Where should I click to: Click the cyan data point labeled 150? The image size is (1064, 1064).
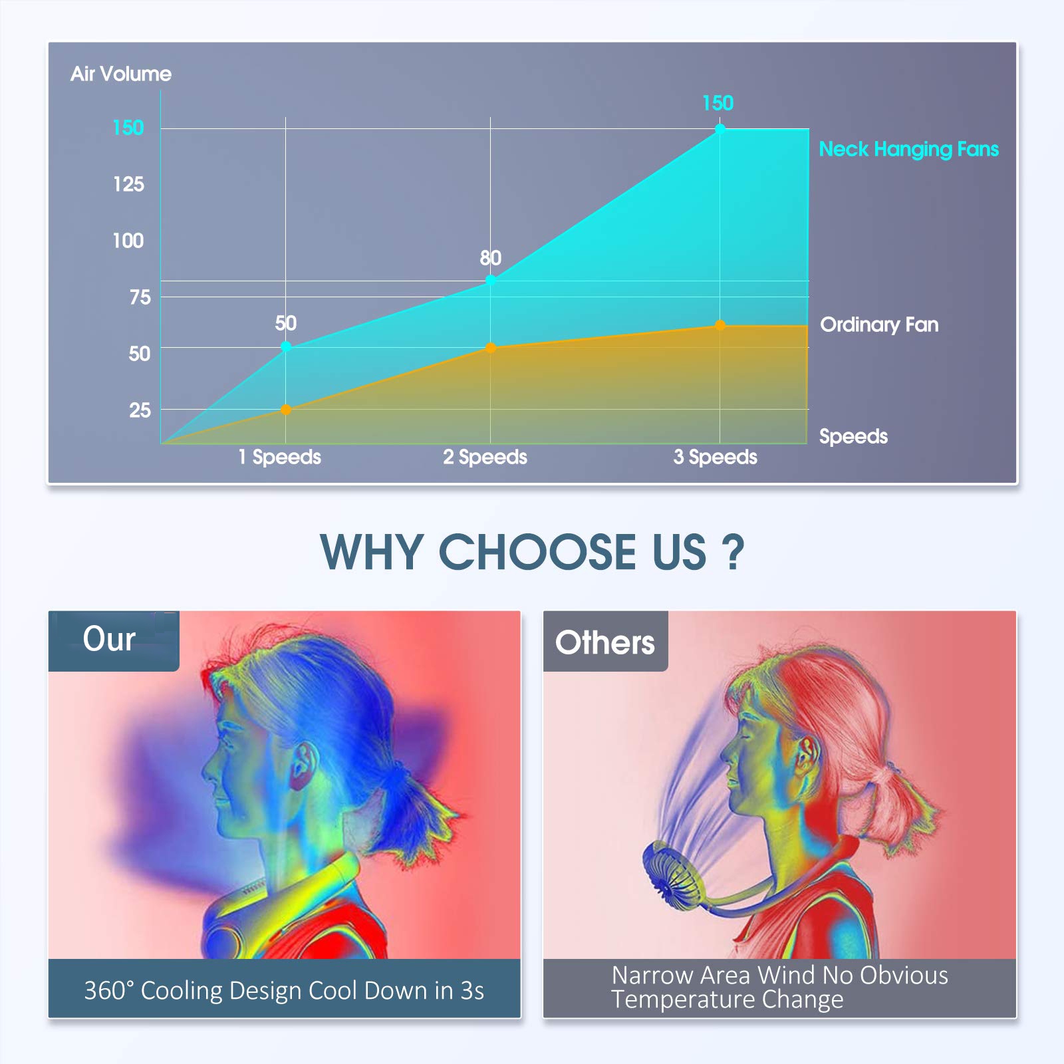[x=720, y=129]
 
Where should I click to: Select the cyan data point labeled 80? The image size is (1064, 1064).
[x=490, y=281]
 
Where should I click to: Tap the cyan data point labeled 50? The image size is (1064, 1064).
[x=286, y=346]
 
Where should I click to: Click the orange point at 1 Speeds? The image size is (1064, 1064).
[x=286, y=410]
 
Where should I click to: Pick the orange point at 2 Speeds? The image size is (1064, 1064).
[x=490, y=348]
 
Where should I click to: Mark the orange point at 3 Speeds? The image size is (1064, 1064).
[x=720, y=325]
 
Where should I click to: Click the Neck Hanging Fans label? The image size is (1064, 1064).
[x=908, y=150]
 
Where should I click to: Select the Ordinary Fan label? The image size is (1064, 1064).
[x=879, y=325]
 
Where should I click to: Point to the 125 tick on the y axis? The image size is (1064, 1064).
[x=128, y=184]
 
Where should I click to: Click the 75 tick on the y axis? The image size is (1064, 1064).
[x=140, y=297]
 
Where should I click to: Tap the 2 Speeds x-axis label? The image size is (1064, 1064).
[x=485, y=457]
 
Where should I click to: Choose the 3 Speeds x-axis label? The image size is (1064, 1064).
[x=715, y=457]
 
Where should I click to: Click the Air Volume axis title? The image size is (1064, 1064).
[x=121, y=74]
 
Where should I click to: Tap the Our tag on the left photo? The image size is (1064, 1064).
[x=109, y=639]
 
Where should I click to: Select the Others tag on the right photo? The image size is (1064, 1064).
[x=605, y=642]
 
